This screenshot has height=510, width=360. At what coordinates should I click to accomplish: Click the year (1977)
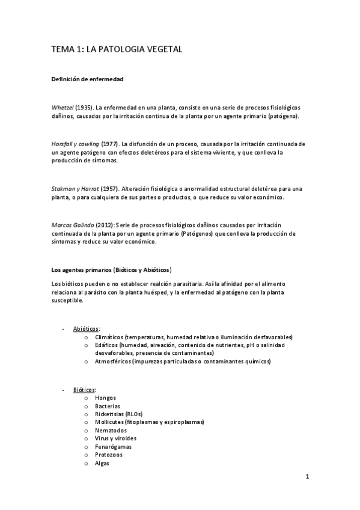click(x=110, y=144)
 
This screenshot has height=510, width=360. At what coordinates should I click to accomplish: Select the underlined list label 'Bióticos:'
click(x=85, y=390)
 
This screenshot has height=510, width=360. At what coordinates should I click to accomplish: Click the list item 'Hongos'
click(x=106, y=398)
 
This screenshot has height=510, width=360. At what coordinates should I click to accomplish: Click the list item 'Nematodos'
click(x=111, y=431)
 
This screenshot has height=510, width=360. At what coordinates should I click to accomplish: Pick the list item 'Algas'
click(x=102, y=463)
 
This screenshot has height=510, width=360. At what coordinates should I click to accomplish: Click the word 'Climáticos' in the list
click(x=111, y=337)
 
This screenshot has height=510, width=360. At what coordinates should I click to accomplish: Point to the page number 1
click(x=307, y=478)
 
